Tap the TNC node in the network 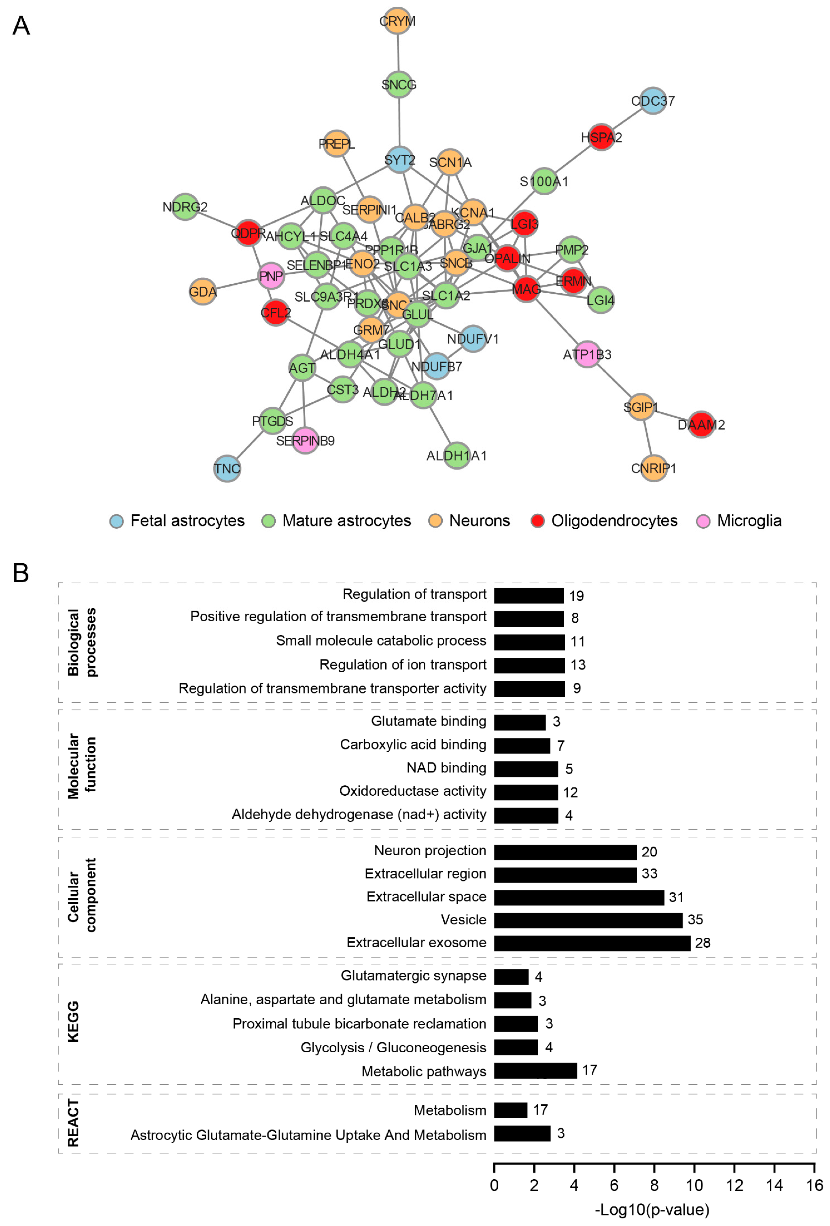pos(227,468)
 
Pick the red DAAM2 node pos(701,425)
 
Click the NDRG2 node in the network pos(185,207)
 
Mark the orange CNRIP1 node pos(653,468)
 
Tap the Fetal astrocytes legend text pos(187,521)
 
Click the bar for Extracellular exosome pos(592,943)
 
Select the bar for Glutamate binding pos(519,722)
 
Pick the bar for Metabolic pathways pos(535,1071)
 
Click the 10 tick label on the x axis pos(694,1186)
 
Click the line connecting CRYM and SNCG pos(398,53)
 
